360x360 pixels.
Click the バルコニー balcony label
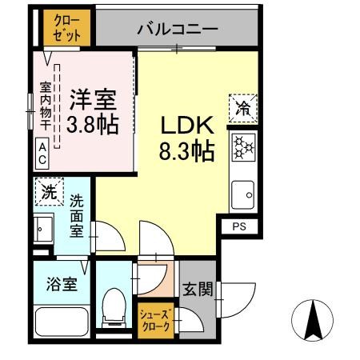tap(177, 29)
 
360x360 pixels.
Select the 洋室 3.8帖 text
tap(90, 112)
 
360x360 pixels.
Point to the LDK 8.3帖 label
tap(186, 138)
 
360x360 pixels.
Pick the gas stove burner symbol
tap(242, 147)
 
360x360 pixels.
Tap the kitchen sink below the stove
tap(242, 192)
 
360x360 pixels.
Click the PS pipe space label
tap(240, 227)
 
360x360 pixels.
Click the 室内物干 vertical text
tap(45, 100)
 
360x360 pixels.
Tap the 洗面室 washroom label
tap(75, 216)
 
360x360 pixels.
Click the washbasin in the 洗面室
tap(43, 229)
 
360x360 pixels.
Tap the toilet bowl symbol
tap(115, 306)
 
